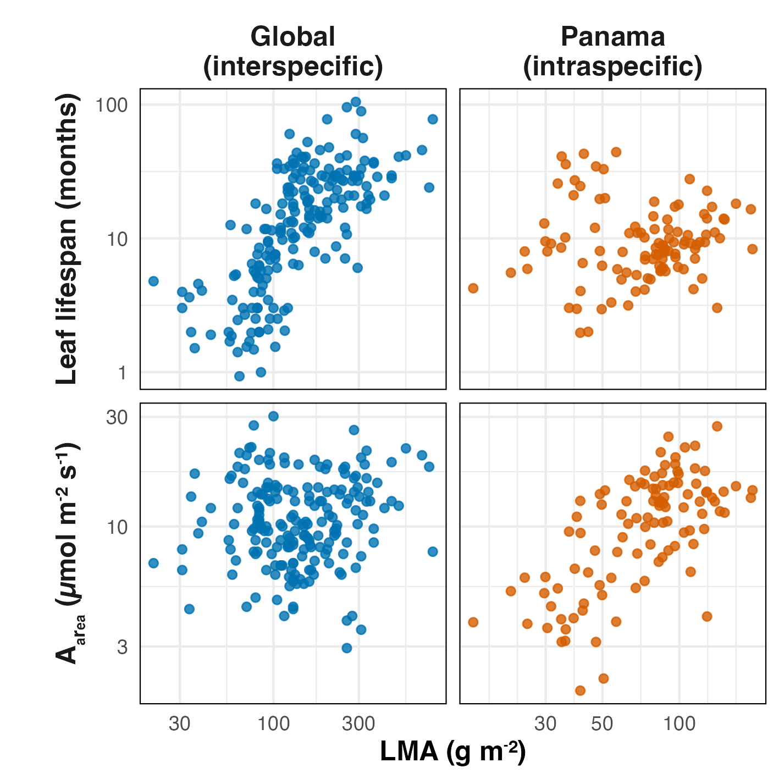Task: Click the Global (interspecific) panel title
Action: pos(292,52)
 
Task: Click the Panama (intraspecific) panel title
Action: pos(612,52)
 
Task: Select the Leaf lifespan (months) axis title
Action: pos(68,239)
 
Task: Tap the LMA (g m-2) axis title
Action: pos(452,752)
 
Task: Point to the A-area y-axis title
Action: pos(69,553)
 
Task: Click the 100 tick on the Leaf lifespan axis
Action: pos(112,104)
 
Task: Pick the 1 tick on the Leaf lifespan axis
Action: pos(121,373)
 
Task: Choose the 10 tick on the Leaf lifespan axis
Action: pos(117,239)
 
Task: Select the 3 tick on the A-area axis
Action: pos(121,647)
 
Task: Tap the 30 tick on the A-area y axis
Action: pos(117,417)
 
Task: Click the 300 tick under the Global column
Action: pos(358,724)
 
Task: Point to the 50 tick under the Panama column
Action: pos(602,724)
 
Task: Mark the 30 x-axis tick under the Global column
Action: pos(180,724)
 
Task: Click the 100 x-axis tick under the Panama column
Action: pos(679,724)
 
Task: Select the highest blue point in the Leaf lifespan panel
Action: pos(356,102)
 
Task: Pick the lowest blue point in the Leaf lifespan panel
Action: pos(239,376)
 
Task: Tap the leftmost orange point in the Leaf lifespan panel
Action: pos(473,288)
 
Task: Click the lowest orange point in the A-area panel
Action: pos(580,690)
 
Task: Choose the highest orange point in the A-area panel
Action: pos(717,426)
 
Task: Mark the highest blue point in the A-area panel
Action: pos(273,416)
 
